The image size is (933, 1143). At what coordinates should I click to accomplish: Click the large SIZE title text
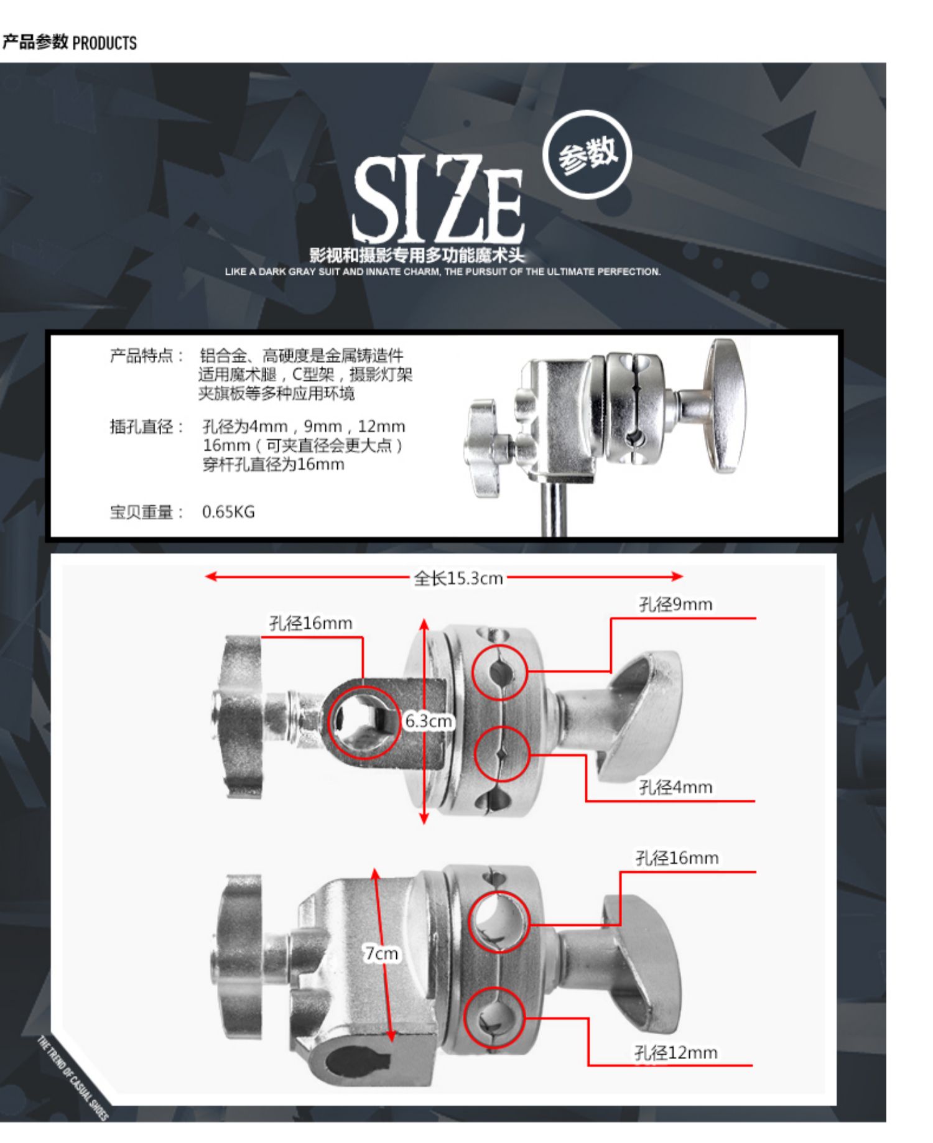coord(438,199)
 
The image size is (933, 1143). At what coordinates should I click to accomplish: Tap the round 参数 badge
coord(587,155)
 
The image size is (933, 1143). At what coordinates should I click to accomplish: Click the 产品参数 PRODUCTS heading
coord(69,42)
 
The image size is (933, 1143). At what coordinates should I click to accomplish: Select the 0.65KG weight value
coord(228,512)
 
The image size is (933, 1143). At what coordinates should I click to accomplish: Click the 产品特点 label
coord(147,356)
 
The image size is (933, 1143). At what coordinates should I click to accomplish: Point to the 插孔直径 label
coord(147,427)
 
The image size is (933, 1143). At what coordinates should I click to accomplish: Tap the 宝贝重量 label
coord(147,512)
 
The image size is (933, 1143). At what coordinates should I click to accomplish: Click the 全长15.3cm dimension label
coord(458,578)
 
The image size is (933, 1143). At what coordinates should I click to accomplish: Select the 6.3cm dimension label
coord(429,721)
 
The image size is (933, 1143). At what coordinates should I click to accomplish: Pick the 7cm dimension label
coord(381,953)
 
